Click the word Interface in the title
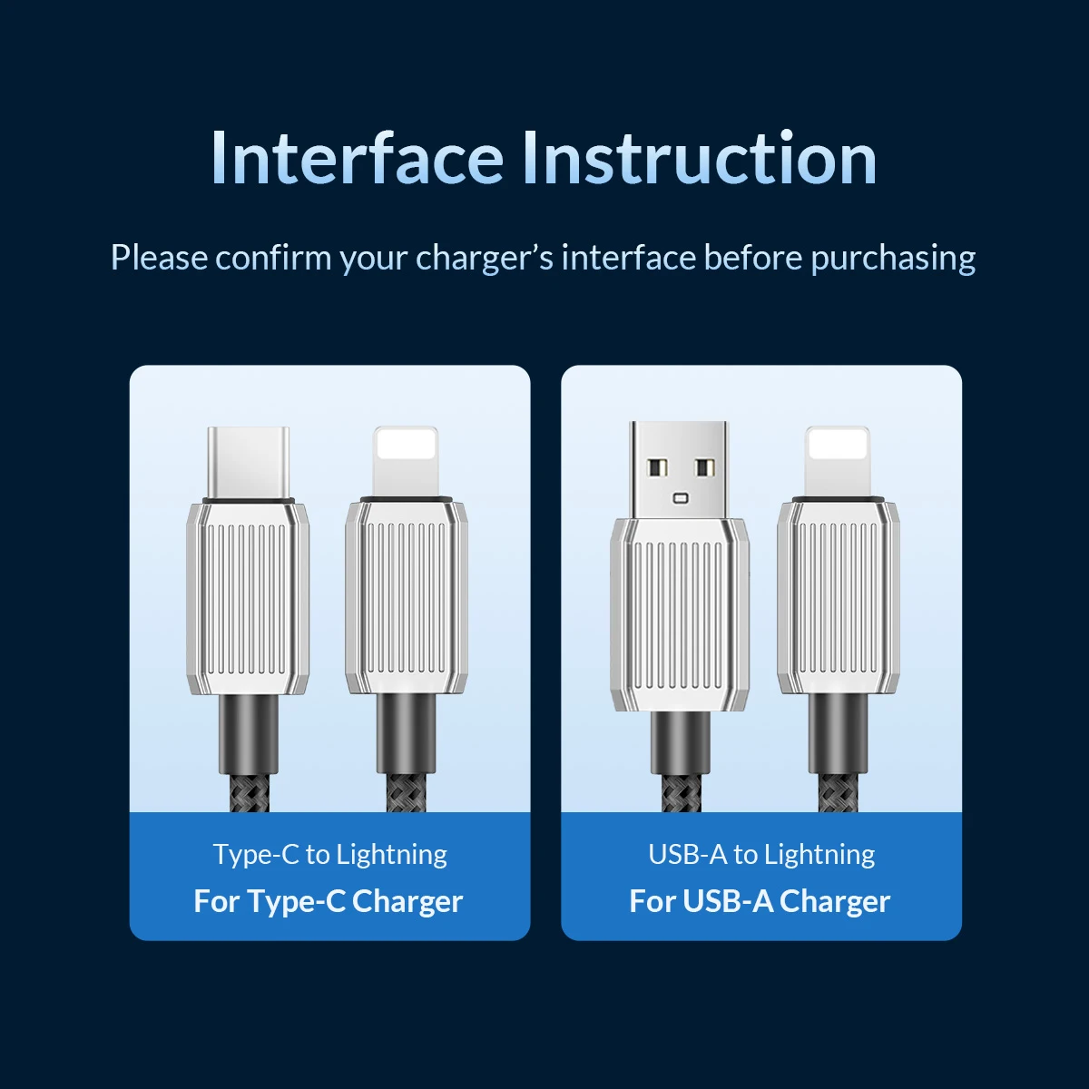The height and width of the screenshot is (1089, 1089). [x=358, y=158]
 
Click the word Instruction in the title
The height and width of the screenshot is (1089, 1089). [x=700, y=158]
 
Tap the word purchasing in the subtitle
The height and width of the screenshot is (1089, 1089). [x=894, y=259]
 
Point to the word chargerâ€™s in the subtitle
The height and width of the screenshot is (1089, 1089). [x=485, y=259]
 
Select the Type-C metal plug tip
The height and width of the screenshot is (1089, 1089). [x=248, y=463]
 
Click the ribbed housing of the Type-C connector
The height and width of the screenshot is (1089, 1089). [x=248, y=598]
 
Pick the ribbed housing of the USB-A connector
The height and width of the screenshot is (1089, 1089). [x=680, y=615]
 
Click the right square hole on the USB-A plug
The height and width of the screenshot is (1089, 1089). [x=703, y=467]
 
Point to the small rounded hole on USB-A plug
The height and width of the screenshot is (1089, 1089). [x=680, y=498]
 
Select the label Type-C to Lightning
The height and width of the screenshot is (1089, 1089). [x=330, y=855]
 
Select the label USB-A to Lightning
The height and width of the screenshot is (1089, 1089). [x=761, y=855]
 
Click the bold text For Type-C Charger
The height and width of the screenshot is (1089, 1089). [x=329, y=901]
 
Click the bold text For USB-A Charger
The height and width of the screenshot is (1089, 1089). [x=760, y=901]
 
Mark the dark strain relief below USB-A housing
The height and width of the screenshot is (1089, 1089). [x=680, y=743]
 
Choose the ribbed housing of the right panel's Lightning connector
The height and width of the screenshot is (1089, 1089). [x=839, y=597]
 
